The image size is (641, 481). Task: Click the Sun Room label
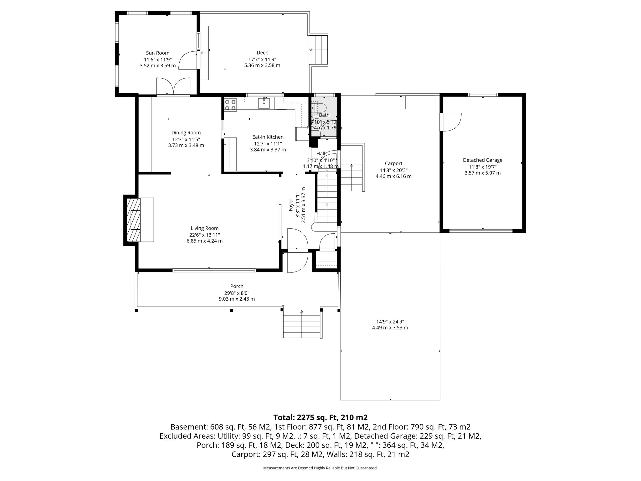click(x=157, y=53)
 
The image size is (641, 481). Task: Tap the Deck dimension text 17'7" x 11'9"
click(x=262, y=59)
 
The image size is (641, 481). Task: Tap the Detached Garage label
click(x=482, y=160)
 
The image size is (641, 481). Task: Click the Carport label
click(x=393, y=163)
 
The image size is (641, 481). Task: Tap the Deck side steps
click(x=318, y=50)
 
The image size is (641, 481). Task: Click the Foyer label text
click(x=290, y=205)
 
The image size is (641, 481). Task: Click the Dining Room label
click(x=186, y=132)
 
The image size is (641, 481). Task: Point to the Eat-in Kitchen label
click(x=268, y=137)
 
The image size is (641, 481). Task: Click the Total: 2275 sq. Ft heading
click(x=320, y=417)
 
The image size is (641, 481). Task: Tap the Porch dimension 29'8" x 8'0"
click(x=237, y=293)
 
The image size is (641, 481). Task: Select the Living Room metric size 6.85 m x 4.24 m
click(x=204, y=241)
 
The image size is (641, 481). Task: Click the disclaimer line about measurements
click(x=320, y=468)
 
